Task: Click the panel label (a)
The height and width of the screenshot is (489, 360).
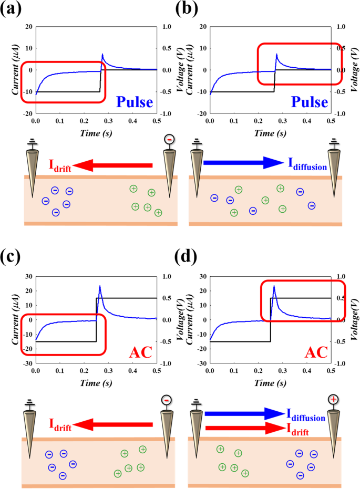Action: coord(11,10)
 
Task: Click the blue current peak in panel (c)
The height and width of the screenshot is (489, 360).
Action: coord(100,286)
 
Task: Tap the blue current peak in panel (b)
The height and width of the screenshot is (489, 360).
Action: coord(276,54)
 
